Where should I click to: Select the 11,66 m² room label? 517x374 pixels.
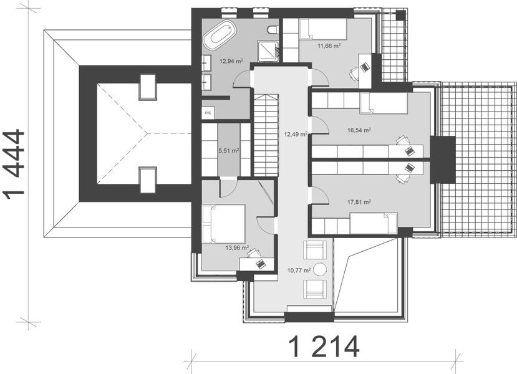[x=329, y=46]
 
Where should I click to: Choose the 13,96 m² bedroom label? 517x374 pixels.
[x=237, y=247]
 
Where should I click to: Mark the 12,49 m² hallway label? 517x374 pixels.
[x=296, y=133]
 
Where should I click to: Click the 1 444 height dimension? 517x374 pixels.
[x=14, y=164]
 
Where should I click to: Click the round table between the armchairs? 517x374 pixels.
[x=320, y=269]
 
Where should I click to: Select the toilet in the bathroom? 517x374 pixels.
[x=272, y=30]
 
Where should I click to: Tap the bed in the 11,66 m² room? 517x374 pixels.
[x=322, y=29]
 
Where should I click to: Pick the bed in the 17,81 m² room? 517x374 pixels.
[x=372, y=223]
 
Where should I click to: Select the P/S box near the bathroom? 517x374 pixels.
[x=206, y=112]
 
